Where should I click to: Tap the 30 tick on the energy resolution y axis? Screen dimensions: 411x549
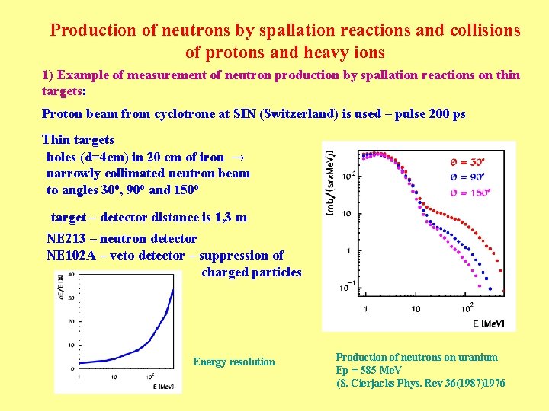[x=71, y=298]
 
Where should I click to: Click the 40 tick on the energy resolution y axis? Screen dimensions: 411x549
[x=71, y=275]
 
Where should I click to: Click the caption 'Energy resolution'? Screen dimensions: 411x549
[x=234, y=362]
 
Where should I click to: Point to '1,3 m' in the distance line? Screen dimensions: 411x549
[x=230, y=217]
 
